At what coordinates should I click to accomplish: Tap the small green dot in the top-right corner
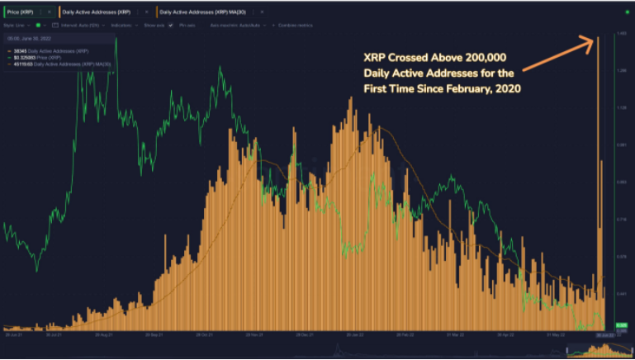pos(627,11)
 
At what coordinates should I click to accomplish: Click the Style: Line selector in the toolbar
pos(17,26)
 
